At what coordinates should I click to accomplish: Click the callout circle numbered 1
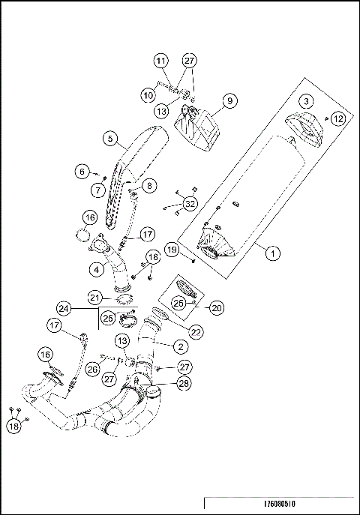point(273,253)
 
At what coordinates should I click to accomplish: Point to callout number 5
point(109,139)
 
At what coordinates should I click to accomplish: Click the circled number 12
point(338,118)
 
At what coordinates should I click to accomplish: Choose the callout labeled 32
point(190,203)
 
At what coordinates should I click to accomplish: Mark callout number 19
point(172,250)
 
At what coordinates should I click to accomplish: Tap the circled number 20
point(217,307)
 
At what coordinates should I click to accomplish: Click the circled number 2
point(181,346)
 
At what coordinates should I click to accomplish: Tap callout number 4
point(96,267)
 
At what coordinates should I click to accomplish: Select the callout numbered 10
point(148,95)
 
